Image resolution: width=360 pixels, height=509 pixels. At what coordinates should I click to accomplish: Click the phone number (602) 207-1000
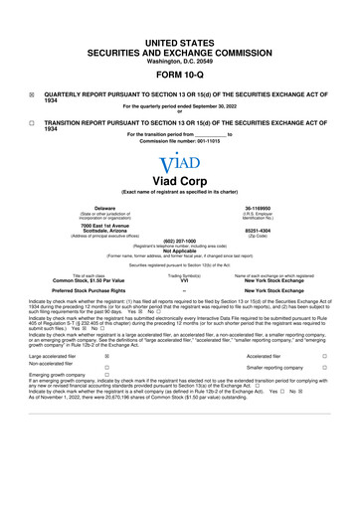[179, 240]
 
